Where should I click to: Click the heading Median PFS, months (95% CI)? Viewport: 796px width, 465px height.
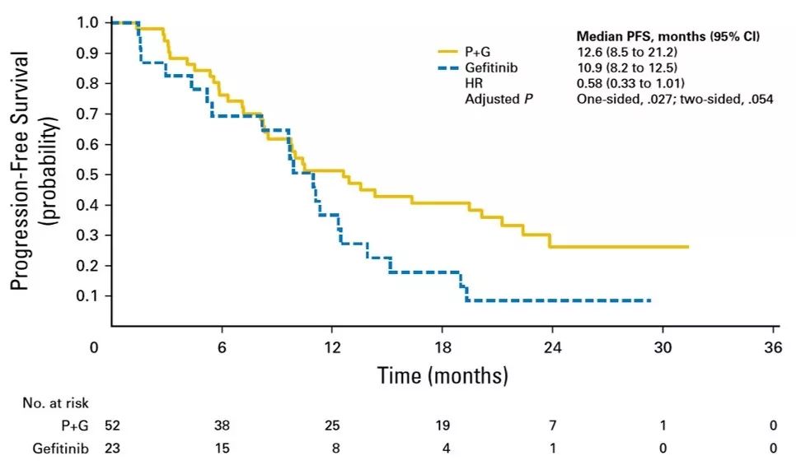pyautogui.click(x=666, y=37)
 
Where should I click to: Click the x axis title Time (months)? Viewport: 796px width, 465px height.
pyautogui.click(x=442, y=376)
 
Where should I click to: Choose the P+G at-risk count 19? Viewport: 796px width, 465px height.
pyautogui.click(x=442, y=425)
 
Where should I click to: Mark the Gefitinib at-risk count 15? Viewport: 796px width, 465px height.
pyautogui.click(x=222, y=448)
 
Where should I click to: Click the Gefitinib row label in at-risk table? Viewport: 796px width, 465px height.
pyautogui.click(x=62, y=448)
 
